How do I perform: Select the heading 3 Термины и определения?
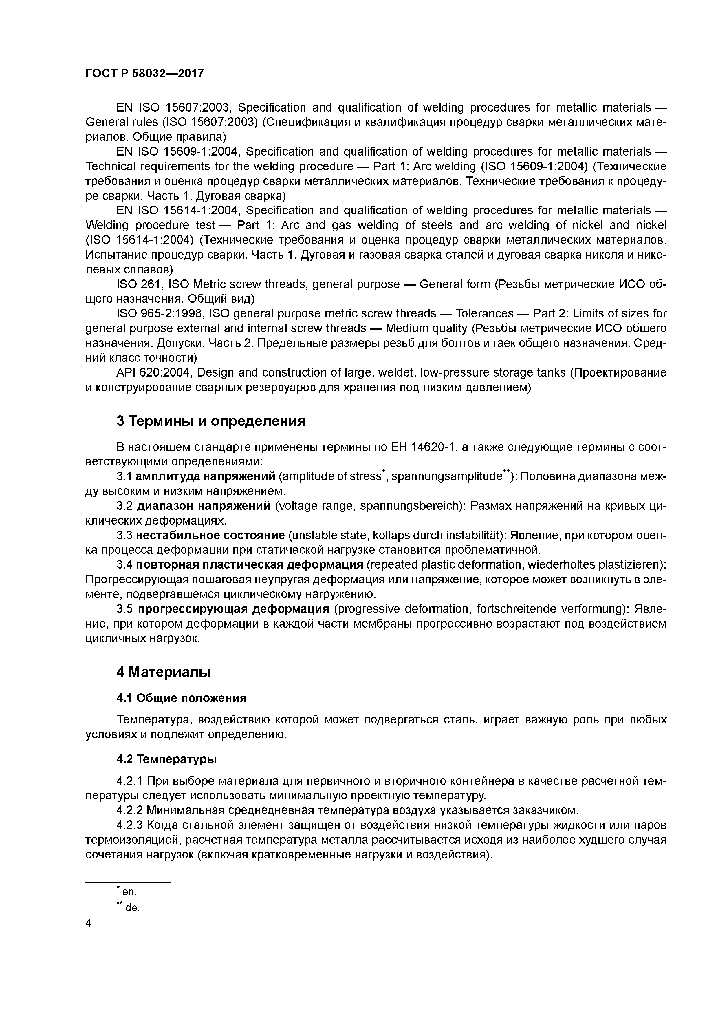(211, 421)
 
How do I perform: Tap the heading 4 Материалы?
(163, 672)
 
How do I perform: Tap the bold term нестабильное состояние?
(210, 536)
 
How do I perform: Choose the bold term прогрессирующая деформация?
(233, 609)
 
